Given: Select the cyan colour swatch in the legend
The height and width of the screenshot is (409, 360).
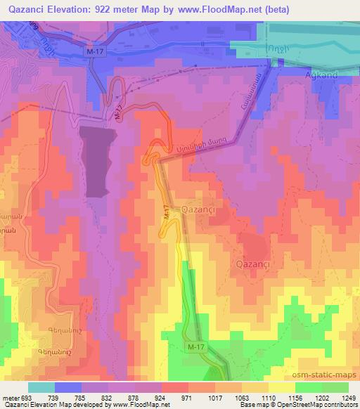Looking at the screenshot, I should click(x=41, y=387).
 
